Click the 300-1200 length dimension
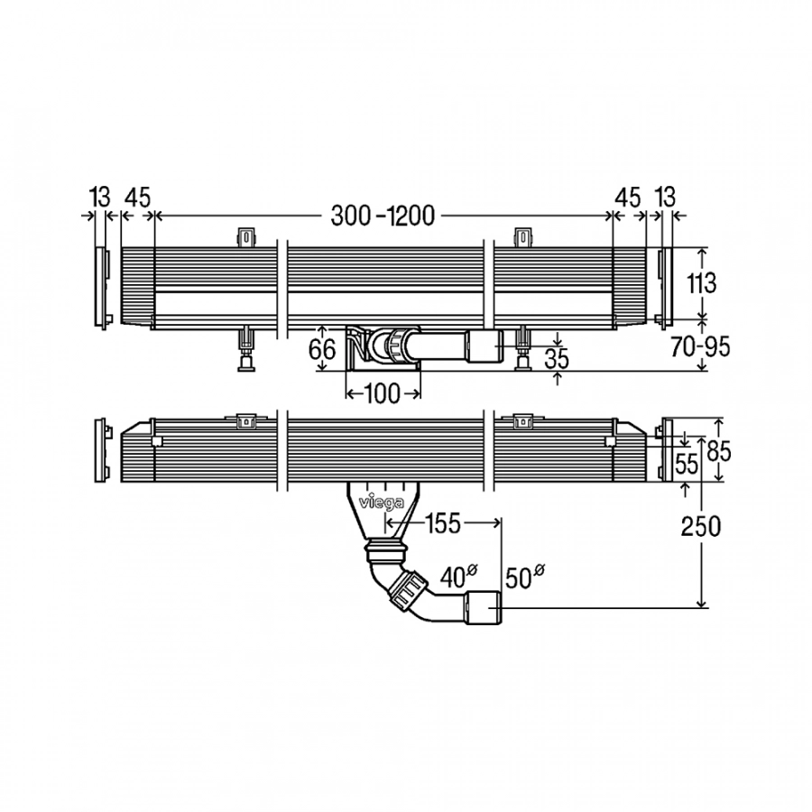383,216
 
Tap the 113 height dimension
701,282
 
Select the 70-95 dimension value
700,346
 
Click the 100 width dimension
383,393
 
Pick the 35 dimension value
557,358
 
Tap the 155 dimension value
443,523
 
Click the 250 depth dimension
701,527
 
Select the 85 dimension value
718,450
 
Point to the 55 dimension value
687,465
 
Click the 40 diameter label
459,577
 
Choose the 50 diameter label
524,577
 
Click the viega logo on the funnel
383,503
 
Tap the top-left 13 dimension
99,197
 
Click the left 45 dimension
138,198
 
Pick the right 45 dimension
628,198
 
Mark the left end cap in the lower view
100,450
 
